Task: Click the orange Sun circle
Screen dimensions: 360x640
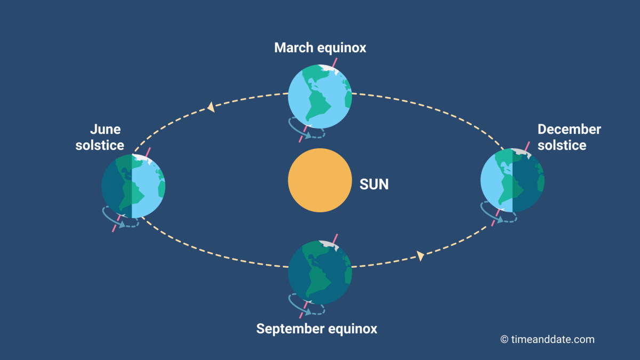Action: click(x=320, y=180)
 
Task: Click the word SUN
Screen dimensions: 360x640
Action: click(x=374, y=185)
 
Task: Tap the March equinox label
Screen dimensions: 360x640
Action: click(x=320, y=47)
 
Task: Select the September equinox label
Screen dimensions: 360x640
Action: click(x=316, y=329)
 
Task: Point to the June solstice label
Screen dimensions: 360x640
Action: click(x=100, y=137)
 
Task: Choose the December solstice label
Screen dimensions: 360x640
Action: click(x=569, y=137)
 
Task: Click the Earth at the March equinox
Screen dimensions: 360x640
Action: click(x=320, y=97)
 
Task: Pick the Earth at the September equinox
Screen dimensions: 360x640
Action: click(x=320, y=273)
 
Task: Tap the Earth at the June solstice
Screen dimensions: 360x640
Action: click(x=133, y=186)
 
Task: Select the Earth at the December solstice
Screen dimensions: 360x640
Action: click(x=512, y=180)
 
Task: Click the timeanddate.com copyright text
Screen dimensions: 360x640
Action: click(x=547, y=339)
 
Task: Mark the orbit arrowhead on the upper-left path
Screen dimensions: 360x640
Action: click(x=211, y=107)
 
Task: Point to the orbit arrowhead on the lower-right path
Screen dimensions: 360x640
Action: click(x=421, y=257)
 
